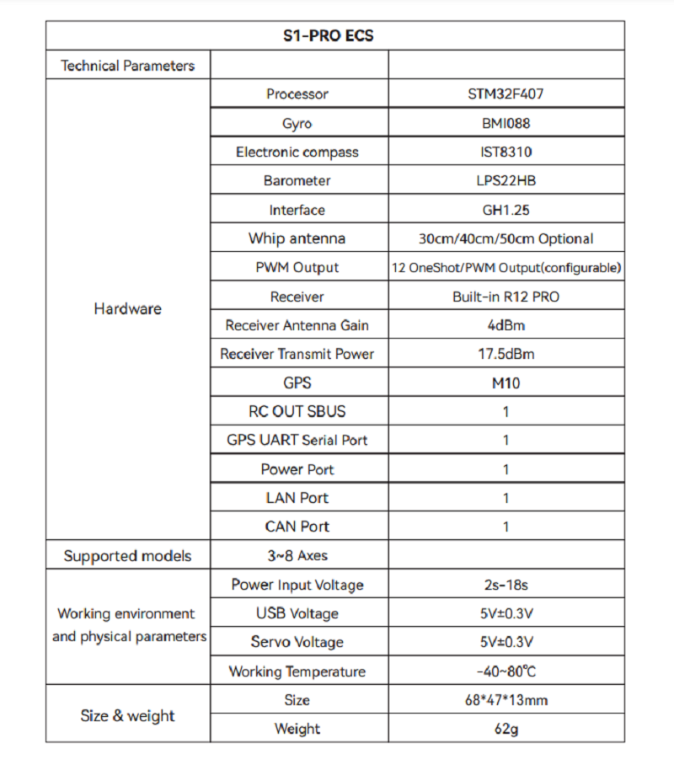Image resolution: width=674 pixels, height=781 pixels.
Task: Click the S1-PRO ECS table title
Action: tap(334, 36)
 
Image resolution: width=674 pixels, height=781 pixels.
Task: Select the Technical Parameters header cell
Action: tap(127, 66)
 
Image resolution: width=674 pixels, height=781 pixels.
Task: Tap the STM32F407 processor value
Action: tap(505, 94)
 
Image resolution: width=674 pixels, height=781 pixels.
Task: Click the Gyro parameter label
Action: tap(297, 124)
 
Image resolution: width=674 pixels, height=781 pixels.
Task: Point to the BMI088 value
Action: tap(505, 124)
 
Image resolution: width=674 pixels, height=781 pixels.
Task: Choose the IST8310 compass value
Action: tap(505, 152)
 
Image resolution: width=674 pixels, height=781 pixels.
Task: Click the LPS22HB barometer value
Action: tap(505, 181)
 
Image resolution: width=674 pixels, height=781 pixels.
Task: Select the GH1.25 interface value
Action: tap(505, 210)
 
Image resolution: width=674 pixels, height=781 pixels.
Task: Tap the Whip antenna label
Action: tap(297, 238)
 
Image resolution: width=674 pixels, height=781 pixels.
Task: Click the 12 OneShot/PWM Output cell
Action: tap(506, 268)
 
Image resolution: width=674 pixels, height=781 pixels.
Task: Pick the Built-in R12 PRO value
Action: tap(505, 297)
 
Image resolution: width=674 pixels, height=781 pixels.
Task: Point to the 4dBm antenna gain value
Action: tap(505, 325)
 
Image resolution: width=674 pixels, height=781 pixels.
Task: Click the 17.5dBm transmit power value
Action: tap(505, 354)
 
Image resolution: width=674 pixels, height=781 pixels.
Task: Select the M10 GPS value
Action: tap(505, 383)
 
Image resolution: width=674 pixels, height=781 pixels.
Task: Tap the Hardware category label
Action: tap(127, 309)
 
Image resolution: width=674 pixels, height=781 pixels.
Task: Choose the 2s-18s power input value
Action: tap(505, 585)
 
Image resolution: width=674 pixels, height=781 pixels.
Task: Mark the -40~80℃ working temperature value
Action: tap(505, 671)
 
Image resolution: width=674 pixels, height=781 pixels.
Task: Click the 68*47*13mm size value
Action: tap(505, 700)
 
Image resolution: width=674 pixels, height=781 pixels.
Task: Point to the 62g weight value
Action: tap(505, 729)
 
